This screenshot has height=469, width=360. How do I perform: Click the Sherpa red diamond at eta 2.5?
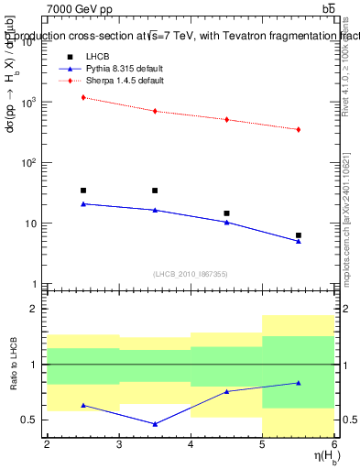click(x=83, y=97)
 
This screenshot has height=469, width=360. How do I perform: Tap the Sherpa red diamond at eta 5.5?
click(x=299, y=129)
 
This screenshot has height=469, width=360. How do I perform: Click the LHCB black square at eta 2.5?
click(x=83, y=191)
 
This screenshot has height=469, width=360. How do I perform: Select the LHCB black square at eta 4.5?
click(x=226, y=213)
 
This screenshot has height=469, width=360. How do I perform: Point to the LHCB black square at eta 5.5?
click(x=299, y=235)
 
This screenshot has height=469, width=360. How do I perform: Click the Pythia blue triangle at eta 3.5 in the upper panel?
click(x=155, y=210)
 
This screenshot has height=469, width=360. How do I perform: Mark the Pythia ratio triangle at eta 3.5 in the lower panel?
click(x=155, y=424)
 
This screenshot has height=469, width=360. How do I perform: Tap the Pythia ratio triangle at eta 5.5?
click(x=299, y=383)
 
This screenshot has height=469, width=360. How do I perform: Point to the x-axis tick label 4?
click(x=191, y=445)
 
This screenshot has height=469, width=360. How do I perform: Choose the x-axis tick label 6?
click(x=334, y=445)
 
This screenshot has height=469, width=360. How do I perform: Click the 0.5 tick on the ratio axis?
click(x=30, y=420)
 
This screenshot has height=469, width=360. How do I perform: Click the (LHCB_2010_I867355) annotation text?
click(x=191, y=274)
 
